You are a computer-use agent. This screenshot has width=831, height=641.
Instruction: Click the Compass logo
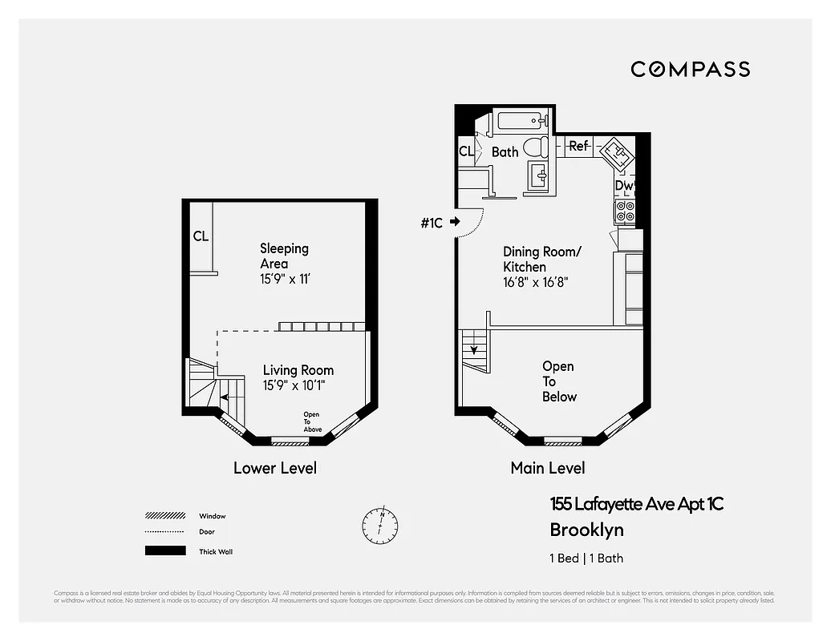pos(690,69)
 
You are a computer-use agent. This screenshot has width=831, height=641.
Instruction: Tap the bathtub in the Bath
pos(521,122)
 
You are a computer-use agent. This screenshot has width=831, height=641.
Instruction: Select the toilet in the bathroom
pos(534,147)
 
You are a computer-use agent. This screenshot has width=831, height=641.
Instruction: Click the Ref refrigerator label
pos(578,146)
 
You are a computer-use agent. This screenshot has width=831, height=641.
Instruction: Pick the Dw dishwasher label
pos(624,186)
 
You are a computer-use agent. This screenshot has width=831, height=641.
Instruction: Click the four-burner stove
pos(625,211)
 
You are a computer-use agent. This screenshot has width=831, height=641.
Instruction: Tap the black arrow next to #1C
pos(456,222)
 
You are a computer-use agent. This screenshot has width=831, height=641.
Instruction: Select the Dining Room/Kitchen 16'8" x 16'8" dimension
pos(536,282)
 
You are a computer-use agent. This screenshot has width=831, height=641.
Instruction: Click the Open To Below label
pos(558,381)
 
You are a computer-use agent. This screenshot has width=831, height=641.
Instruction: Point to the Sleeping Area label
pos(284,256)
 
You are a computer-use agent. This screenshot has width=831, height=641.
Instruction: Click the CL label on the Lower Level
pos(201,236)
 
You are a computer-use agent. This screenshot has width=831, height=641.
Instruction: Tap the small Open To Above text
pos(312,421)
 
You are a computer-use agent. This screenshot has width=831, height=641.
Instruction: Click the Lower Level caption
pos(275,468)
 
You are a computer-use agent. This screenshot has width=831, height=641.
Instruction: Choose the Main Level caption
pos(548,468)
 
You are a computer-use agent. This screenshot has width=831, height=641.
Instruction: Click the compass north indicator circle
pos(379,524)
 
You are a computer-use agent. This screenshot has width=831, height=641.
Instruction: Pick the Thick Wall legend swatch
pos(164,551)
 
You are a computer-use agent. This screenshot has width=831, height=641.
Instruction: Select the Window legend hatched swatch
pos(164,516)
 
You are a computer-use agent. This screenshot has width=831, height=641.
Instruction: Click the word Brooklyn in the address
pos(586,530)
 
